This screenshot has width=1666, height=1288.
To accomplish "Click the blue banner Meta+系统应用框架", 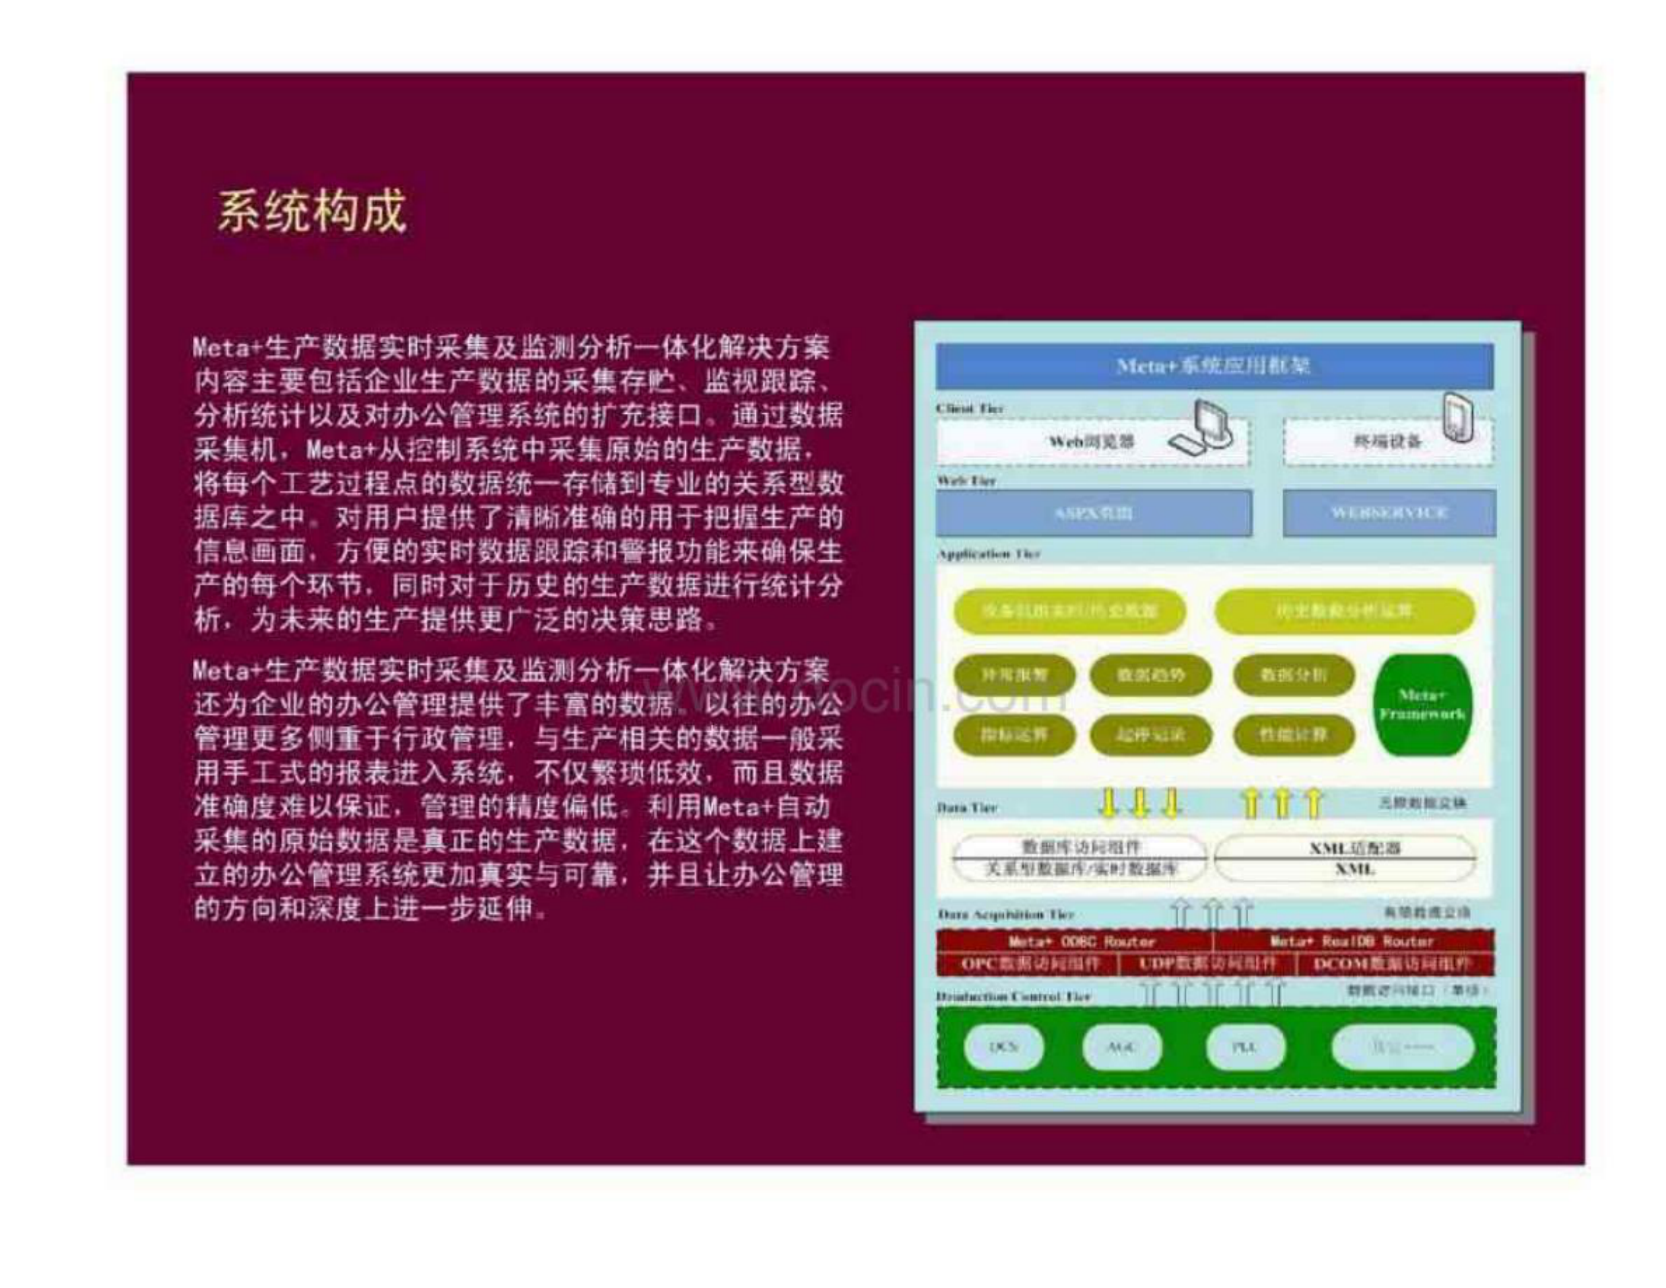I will point(1214,366).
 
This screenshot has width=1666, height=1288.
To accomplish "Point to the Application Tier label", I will point(989,554).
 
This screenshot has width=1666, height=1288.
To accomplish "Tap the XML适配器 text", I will point(1355,848).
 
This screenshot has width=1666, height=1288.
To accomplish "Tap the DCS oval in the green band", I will point(1003,1047).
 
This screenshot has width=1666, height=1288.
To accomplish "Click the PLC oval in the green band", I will point(1244,1047).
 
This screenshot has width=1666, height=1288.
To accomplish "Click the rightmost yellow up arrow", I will point(1313,804).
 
